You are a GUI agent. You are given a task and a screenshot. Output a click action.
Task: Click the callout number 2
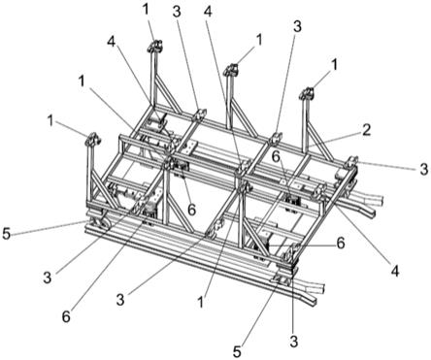[367, 131]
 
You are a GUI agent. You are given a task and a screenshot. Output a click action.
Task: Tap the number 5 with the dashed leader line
[6, 234]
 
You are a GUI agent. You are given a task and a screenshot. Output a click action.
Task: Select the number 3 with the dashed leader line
[423, 169]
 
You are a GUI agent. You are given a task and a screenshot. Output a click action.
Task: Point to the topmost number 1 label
[146, 9]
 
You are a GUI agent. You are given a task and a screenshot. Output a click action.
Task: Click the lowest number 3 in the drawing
[293, 341]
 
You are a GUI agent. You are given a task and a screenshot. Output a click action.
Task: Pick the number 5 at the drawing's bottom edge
[237, 351]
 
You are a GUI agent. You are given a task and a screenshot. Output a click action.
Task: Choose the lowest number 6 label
[66, 316]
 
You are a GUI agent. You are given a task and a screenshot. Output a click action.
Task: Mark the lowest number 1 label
[201, 302]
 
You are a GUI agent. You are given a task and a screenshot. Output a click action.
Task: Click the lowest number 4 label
[395, 271]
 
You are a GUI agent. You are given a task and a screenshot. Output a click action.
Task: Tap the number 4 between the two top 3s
[208, 12]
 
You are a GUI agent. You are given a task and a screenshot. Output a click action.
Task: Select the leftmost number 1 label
[50, 121]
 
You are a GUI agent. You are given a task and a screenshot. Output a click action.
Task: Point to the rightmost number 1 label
[335, 65]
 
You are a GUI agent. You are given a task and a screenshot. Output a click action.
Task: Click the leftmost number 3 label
[48, 278]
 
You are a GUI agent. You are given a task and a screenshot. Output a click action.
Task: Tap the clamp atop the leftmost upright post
[92, 139]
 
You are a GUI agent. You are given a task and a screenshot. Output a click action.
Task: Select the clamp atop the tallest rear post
[155, 46]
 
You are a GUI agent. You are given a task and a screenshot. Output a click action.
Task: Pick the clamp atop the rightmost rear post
[307, 93]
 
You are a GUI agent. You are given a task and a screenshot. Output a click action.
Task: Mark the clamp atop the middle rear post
[232, 70]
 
